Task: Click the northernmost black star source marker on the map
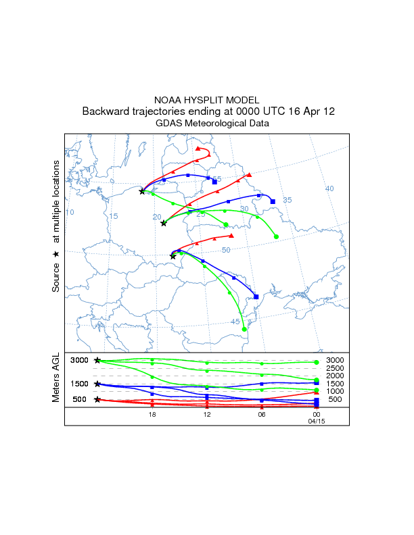[142, 191]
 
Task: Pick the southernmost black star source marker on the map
[173, 256]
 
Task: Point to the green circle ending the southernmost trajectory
[244, 329]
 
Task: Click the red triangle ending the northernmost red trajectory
[198, 149]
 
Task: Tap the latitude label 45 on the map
[235, 322]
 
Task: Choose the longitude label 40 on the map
[329, 188]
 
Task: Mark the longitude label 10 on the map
[69, 213]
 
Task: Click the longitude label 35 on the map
[287, 200]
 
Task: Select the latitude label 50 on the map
[226, 250]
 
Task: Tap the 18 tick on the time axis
[152, 414]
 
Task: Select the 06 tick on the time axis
[261, 414]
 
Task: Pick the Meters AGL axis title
[56, 378]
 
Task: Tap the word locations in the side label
[56, 183]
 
